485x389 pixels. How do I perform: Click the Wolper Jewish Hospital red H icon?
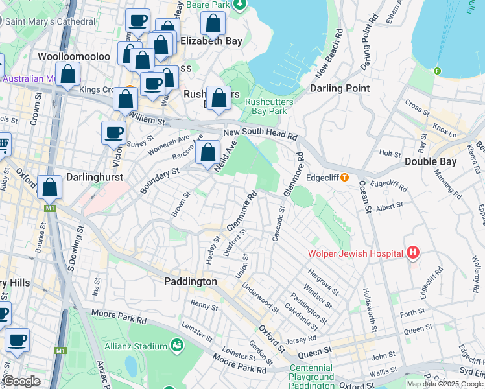point(412,252)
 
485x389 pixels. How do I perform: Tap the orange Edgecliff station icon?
point(344,177)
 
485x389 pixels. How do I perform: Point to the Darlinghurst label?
point(95,176)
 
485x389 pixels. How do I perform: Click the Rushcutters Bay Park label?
point(270,106)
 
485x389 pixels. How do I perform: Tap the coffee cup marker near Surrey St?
point(114,133)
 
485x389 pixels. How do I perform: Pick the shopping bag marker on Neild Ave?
point(208,154)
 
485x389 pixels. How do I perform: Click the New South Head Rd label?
point(260,135)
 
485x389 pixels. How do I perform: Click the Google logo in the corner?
point(21,381)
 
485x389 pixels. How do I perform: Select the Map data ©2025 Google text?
point(445,384)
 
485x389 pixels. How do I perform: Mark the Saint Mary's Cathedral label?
point(49,21)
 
